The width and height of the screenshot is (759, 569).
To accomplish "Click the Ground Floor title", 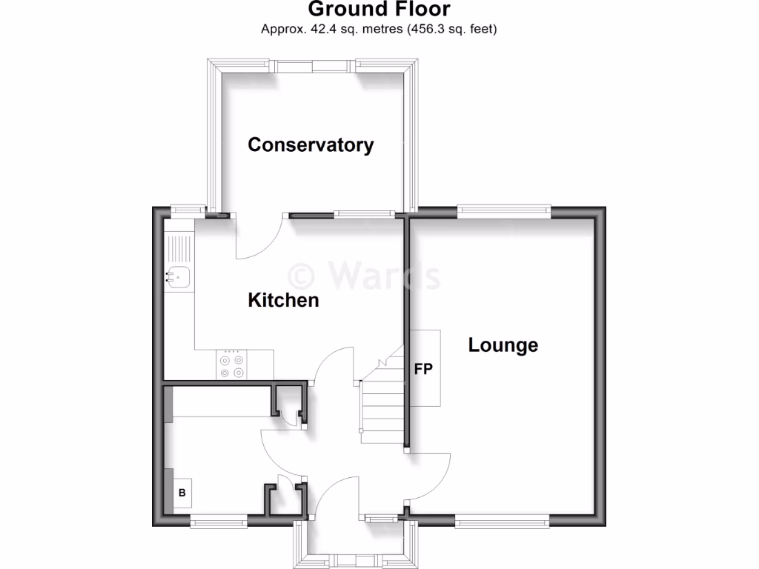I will coord(379,10).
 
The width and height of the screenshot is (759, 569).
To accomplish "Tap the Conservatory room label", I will coord(311,144).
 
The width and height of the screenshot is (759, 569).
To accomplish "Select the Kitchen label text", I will coord(283,300).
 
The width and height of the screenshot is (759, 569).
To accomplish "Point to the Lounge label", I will coord(503,345).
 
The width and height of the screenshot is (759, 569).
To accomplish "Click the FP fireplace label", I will coord(423,368).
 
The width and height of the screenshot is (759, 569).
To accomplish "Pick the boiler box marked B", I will coord(182,492).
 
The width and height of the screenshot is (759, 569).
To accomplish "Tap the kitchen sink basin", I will coord(179,277).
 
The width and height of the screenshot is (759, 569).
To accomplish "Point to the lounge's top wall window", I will coord(503,211).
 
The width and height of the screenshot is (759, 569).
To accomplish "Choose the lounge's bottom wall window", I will coord(502,522).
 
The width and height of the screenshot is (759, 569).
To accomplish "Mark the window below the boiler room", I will coord(218,522).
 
